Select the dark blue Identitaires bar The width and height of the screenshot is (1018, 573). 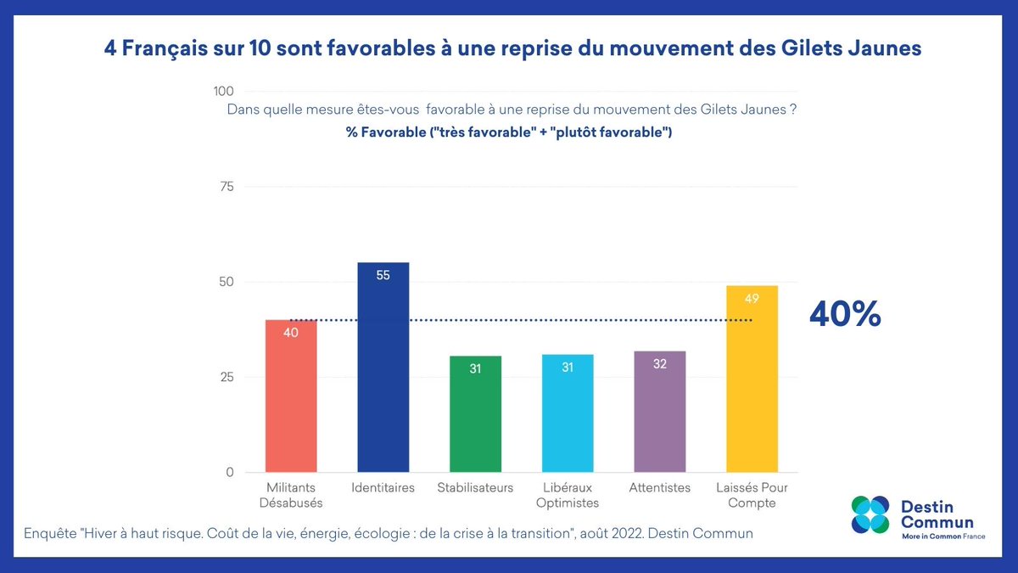383,374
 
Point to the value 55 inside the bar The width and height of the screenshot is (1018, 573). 383,275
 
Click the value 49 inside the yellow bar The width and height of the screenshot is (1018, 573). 752,298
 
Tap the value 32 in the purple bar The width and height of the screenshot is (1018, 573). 659,364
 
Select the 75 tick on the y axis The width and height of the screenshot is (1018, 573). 227,187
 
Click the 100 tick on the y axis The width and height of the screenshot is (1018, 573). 223,92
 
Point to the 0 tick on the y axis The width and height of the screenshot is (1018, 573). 229,473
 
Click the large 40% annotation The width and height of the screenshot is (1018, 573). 845,315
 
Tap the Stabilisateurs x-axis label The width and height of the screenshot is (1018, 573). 475,488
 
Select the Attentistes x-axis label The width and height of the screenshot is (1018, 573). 660,488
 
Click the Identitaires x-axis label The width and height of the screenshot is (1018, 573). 383,488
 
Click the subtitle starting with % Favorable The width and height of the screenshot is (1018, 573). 509,133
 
